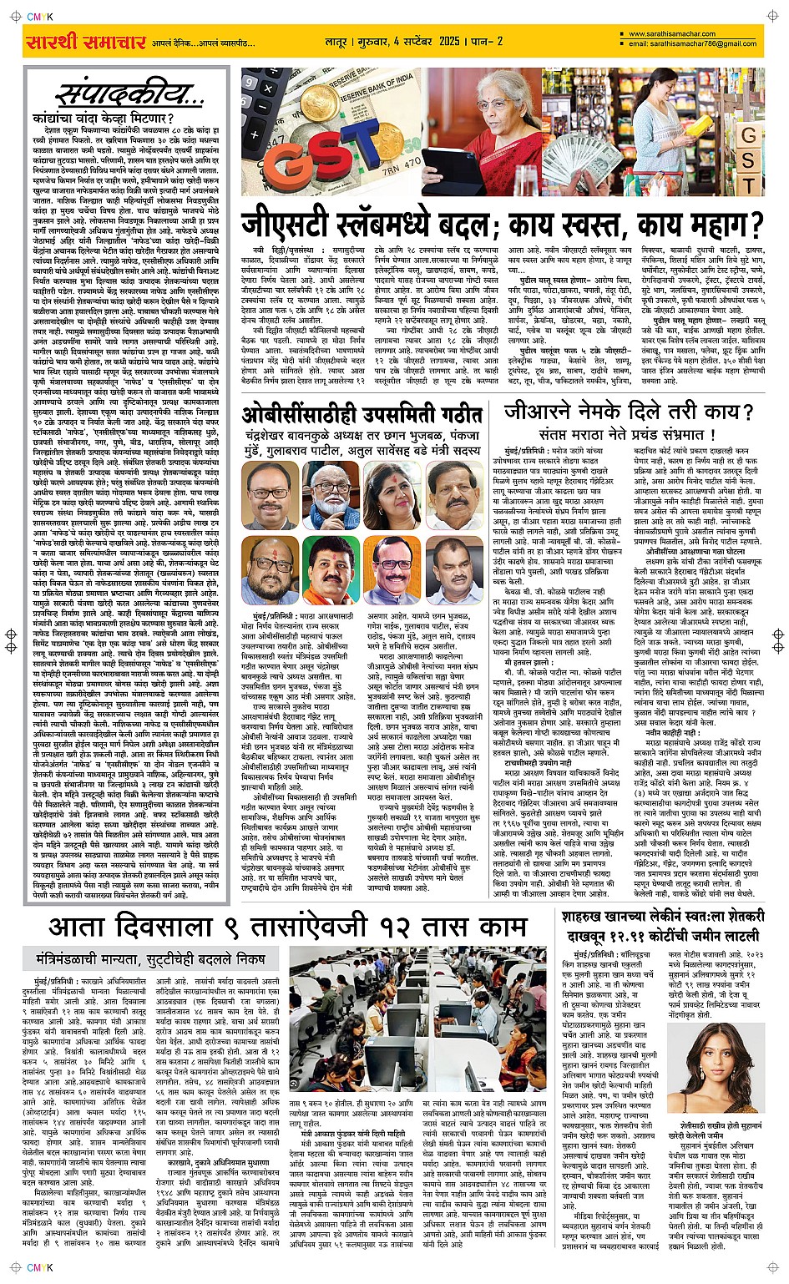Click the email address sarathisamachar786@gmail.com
tap(693, 43)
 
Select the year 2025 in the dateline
tap(451, 41)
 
